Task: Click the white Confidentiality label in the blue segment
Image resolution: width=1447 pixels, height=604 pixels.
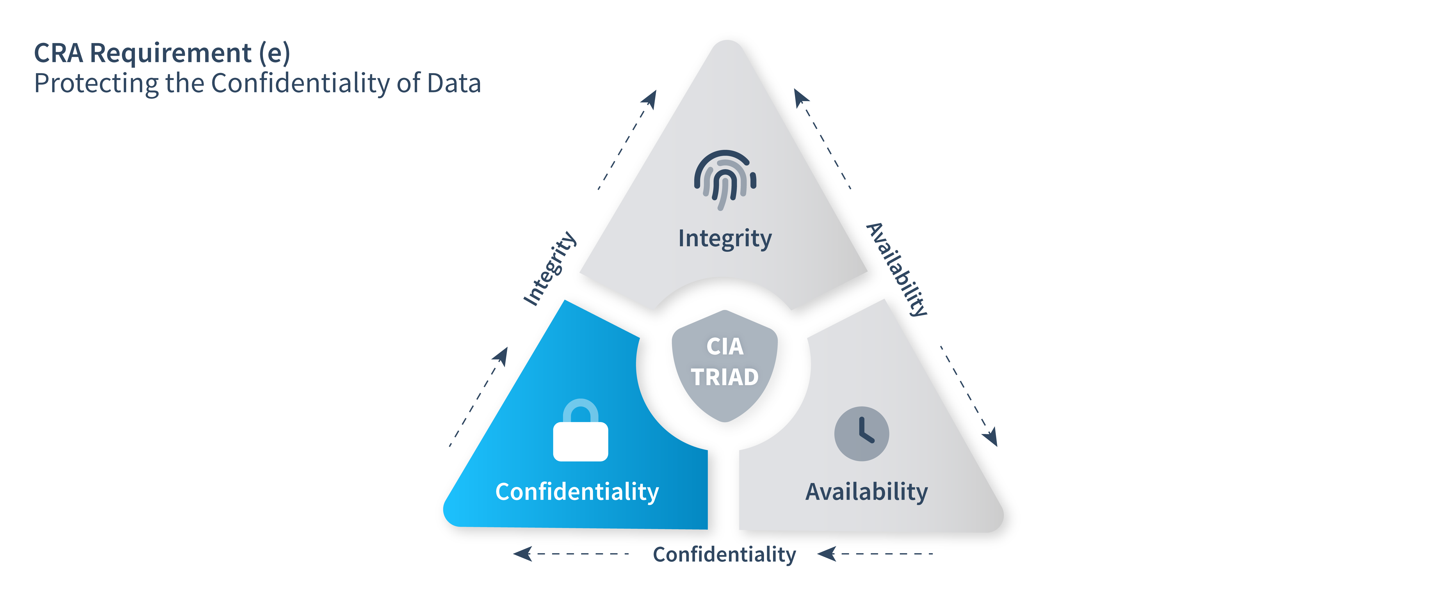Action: point(577,492)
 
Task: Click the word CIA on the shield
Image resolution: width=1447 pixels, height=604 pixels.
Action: point(725,346)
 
